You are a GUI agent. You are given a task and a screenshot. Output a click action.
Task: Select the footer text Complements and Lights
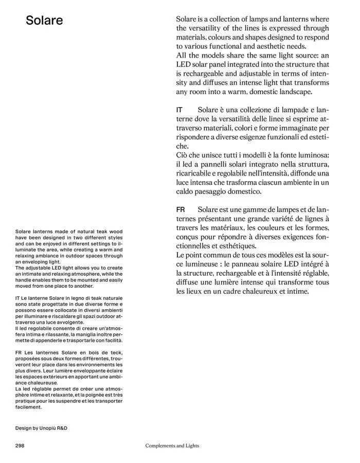click(x=172, y=446)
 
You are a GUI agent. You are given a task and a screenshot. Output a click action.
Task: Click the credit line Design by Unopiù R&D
click(x=41, y=428)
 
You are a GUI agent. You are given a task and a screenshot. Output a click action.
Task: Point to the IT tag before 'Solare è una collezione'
click(x=179, y=110)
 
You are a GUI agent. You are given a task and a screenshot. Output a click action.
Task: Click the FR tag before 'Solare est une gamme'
click(x=181, y=210)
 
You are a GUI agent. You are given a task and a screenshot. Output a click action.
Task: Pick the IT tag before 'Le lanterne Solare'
click(x=17, y=298)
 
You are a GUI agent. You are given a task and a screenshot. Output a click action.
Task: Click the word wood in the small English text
click(x=115, y=232)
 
